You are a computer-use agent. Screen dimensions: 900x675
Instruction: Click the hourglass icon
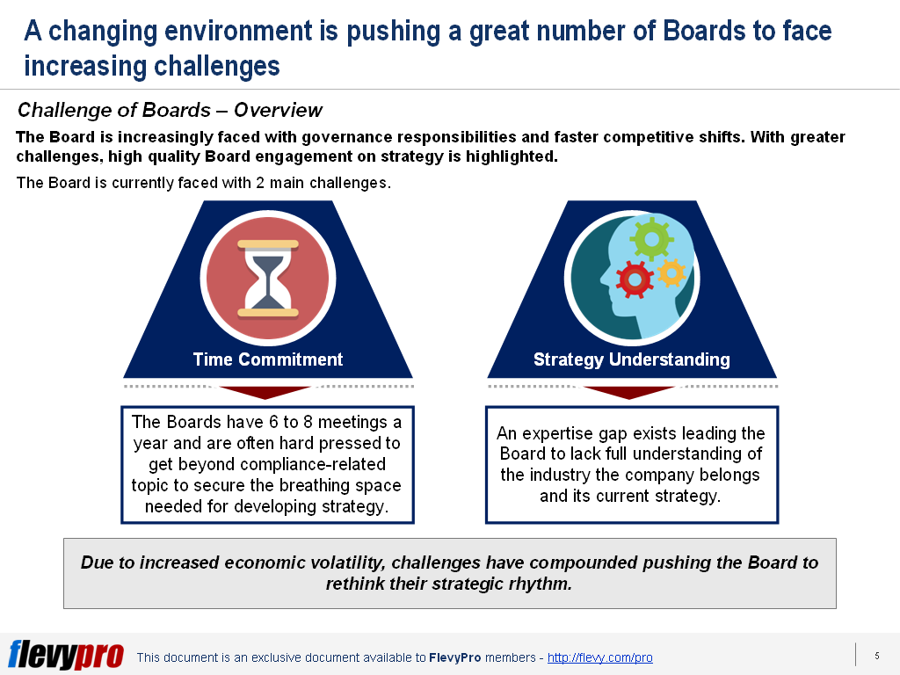(268, 279)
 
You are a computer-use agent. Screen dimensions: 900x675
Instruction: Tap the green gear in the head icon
(651, 238)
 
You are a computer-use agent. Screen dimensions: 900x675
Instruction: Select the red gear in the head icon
(635, 279)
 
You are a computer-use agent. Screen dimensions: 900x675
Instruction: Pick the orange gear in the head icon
(671, 272)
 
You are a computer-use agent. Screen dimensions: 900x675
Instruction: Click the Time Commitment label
(267, 359)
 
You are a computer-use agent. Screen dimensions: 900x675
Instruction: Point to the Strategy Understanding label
(631, 359)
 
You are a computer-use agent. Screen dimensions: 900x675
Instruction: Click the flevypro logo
(66, 654)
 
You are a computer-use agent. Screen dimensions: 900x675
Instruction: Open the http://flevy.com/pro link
(599, 657)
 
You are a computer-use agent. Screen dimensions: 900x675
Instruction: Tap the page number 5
(877, 656)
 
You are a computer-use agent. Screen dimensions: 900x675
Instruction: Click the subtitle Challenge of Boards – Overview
(170, 110)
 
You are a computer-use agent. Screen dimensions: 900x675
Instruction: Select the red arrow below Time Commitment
(265, 392)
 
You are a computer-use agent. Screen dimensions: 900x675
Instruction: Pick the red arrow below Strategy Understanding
(629, 392)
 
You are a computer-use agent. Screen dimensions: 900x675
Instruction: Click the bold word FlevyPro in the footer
(454, 657)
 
